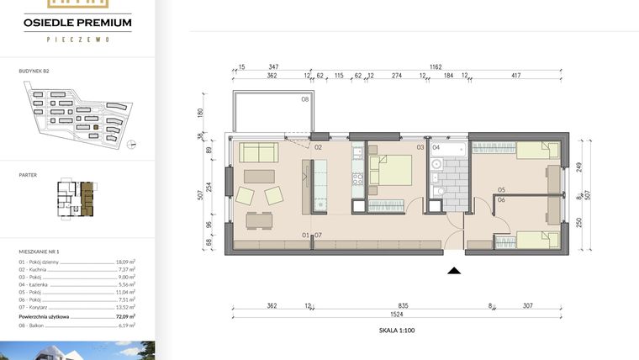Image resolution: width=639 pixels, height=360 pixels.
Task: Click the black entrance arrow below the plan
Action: point(455,271)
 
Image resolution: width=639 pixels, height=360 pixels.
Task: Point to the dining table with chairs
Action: point(259,220)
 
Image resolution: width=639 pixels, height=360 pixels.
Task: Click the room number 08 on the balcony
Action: point(305,99)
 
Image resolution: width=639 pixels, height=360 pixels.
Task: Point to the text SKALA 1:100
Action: point(398,331)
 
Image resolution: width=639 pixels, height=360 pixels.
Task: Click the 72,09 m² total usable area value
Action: point(125,315)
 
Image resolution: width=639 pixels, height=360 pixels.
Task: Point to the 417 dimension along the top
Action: point(515,76)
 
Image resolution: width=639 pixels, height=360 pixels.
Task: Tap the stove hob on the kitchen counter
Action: point(356,178)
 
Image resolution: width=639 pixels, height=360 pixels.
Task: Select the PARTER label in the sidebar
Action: point(27,175)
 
